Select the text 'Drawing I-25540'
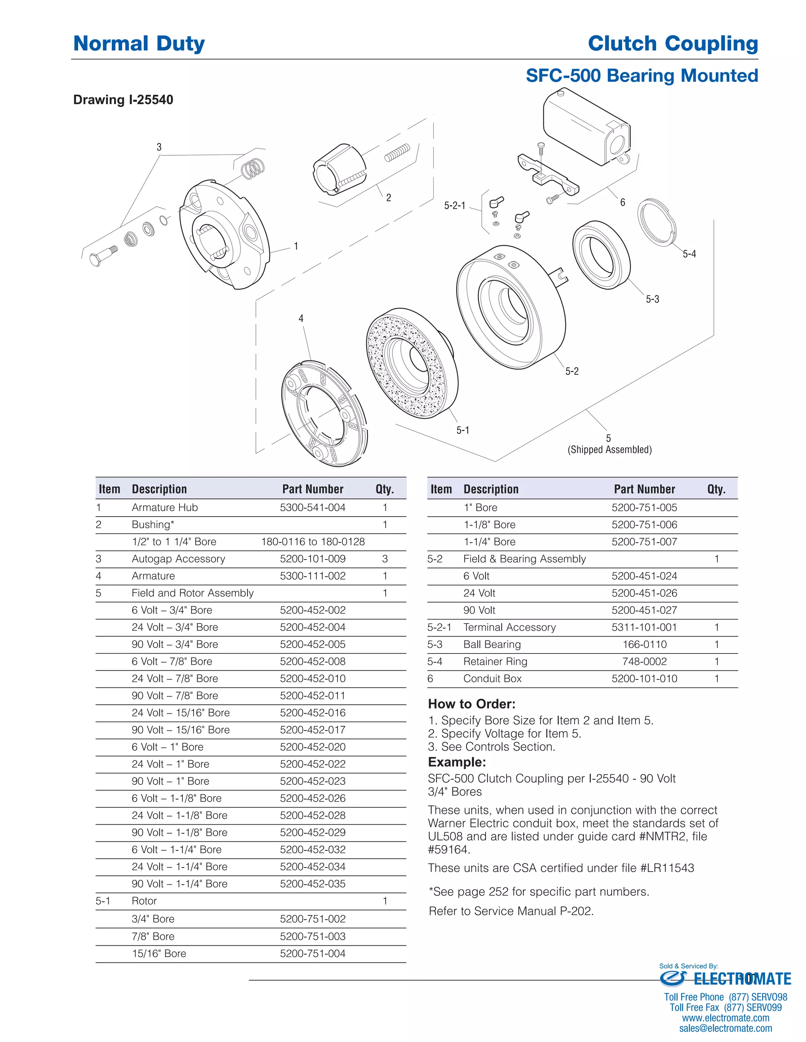click(123, 100)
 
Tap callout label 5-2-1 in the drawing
click(454, 206)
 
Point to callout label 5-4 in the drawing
click(689, 254)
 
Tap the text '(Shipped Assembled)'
click(609, 449)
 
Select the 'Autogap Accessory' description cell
click(178, 559)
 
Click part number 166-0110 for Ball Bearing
click(644, 644)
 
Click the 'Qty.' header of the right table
click(716, 489)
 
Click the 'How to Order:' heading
click(471, 704)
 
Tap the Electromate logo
click(725, 979)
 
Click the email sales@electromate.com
click(725, 1028)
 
